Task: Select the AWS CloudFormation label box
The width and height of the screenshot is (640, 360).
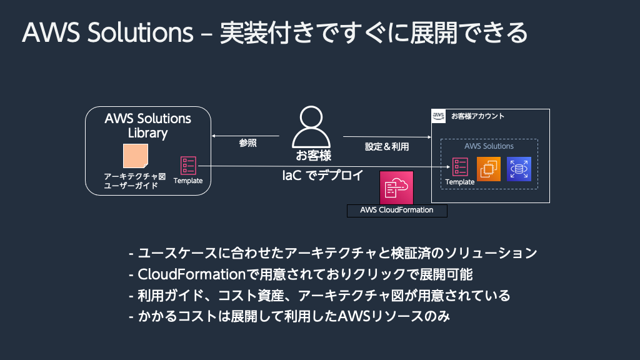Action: click(x=397, y=210)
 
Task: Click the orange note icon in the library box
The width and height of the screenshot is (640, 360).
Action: click(x=135, y=156)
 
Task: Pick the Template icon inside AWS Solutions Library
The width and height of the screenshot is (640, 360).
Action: click(x=188, y=165)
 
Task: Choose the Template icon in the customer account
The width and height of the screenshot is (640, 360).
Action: click(x=460, y=167)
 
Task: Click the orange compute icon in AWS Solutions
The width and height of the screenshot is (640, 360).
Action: click(x=489, y=169)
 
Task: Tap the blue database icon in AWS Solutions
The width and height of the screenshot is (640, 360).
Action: click(x=519, y=169)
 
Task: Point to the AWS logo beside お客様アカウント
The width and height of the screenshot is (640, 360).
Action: click(x=438, y=116)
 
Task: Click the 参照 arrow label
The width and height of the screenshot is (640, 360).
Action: click(x=248, y=143)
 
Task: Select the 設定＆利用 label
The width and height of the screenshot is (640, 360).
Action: click(x=387, y=147)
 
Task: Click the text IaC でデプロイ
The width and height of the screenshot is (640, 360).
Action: click(x=323, y=176)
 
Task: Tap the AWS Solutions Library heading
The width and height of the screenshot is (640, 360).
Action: click(x=147, y=126)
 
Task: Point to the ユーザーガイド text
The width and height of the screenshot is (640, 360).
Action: click(x=130, y=186)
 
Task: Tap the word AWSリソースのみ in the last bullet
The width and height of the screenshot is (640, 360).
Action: click(x=394, y=316)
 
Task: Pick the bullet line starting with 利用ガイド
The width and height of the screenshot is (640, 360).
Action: click(x=319, y=295)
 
